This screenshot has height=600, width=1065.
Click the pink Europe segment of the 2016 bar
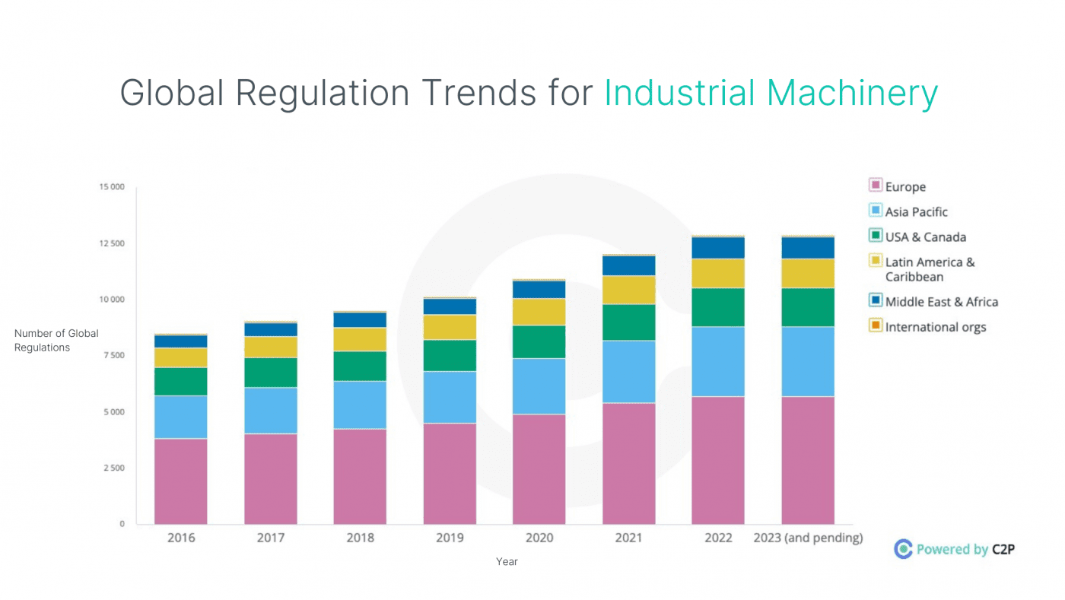pos(181,481)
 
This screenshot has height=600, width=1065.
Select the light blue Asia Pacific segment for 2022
pos(718,361)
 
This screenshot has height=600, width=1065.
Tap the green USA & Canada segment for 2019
pos(450,355)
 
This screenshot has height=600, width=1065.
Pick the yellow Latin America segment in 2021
pos(629,290)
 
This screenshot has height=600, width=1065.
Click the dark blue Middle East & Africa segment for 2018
pos(360,319)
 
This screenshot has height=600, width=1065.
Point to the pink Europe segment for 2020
pos(539,468)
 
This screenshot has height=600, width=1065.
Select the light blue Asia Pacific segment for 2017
pos(271,411)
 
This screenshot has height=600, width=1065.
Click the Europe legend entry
pos(904,186)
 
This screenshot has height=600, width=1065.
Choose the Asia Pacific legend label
pos(916,211)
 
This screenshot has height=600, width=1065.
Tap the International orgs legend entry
pos(935,327)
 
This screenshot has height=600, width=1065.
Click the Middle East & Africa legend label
pos(941,302)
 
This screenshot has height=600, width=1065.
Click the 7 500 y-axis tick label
pos(113,356)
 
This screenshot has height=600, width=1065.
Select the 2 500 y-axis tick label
pos(113,468)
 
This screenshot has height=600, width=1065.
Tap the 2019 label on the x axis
pos(450,538)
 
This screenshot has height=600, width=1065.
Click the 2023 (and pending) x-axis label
pos(808,538)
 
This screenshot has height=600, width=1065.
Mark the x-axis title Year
pos(507,561)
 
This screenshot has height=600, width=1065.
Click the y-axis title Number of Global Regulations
pos(56,341)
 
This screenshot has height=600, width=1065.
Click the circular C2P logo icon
pos(903,549)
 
